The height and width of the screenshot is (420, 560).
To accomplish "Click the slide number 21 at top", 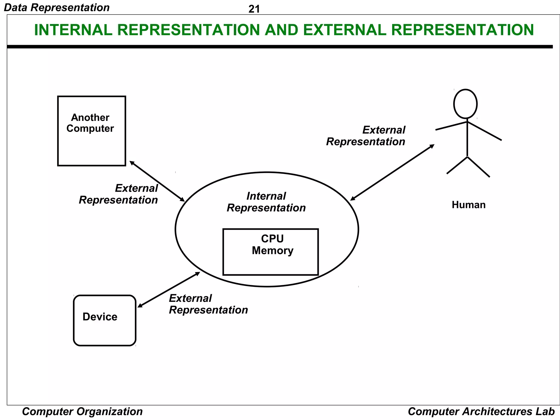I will click(x=254, y=9).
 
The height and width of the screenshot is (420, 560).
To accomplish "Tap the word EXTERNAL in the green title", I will click(x=344, y=30).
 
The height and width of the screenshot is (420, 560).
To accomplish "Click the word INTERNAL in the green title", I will click(x=73, y=30).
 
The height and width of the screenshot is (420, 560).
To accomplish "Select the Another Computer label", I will click(x=90, y=123).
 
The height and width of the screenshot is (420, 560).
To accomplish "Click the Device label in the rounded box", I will click(x=100, y=317).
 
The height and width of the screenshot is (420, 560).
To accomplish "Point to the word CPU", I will click(x=272, y=239).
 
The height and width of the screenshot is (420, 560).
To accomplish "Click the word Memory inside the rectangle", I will click(x=272, y=251).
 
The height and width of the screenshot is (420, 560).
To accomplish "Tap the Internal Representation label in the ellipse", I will click(x=266, y=202).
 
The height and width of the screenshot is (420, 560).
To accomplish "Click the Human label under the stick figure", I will click(x=468, y=205).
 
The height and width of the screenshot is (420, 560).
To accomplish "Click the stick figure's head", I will click(x=465, y=104).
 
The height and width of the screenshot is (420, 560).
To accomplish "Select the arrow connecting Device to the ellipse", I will click(x=169, y=290).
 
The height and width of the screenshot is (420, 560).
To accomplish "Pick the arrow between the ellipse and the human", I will click(x=392, y=173).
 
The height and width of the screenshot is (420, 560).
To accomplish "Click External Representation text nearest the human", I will click(x=366, y=136).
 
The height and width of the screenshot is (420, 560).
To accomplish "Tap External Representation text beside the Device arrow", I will click(x=208, y=304).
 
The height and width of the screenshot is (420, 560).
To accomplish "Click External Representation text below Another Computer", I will click(x=118, y=194).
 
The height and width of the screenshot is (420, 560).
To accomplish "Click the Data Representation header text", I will click(x=57, y=7).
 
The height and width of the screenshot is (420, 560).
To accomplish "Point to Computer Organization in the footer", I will click(x=82, y=412).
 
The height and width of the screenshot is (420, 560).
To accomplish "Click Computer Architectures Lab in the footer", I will click(x=481, y=412).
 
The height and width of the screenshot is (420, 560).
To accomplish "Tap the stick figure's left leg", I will click(x=457, y=165).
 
